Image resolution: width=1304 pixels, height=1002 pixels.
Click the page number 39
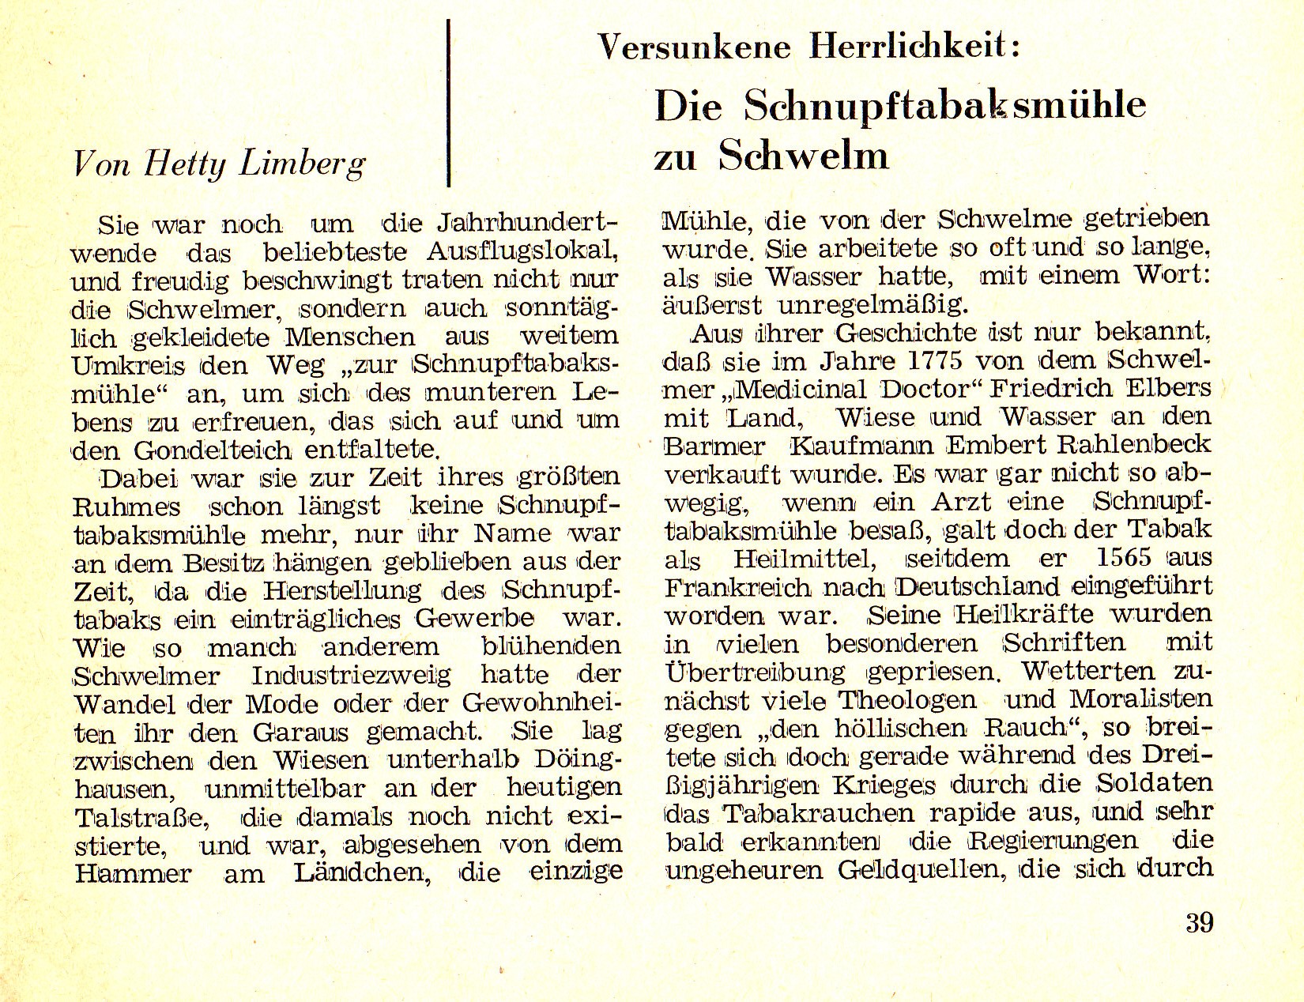(1199, 923)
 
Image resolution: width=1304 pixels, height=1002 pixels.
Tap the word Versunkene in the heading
(694, 48)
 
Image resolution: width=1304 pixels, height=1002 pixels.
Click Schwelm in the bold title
(804, 155)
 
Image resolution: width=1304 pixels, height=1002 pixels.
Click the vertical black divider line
(449, 103)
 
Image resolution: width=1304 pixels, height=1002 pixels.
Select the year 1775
(929, 361)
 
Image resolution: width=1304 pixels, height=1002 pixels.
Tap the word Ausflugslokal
(522, 253)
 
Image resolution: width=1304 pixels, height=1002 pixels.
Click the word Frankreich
(726, 587)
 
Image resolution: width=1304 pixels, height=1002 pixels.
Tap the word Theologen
(906, 701)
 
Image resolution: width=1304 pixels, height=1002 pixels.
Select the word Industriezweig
(351, 676)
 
